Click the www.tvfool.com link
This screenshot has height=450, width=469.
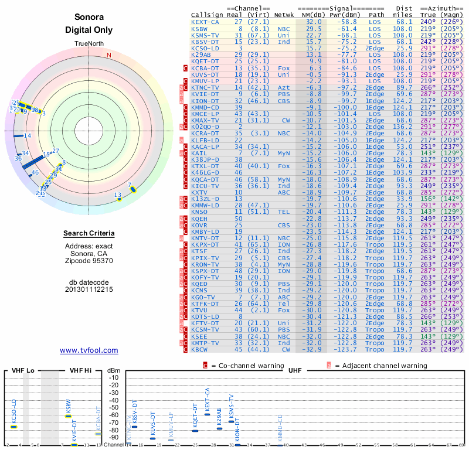(x=89, y=350)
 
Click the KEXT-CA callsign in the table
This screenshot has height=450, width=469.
(x=205, y=22)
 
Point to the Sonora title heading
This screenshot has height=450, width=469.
(x=89, y=18)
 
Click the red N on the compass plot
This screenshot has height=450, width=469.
(x=108, y=56)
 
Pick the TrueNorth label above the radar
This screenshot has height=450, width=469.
(x=89, y=44)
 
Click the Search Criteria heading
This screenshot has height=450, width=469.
(x=89, y=234)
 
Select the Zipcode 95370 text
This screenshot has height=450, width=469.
(x=89, y=261)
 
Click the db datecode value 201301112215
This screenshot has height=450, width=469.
(x=89, y=289)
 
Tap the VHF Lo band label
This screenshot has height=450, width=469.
(x=23, y=370)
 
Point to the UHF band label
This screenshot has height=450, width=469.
(x=294, y=370)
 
